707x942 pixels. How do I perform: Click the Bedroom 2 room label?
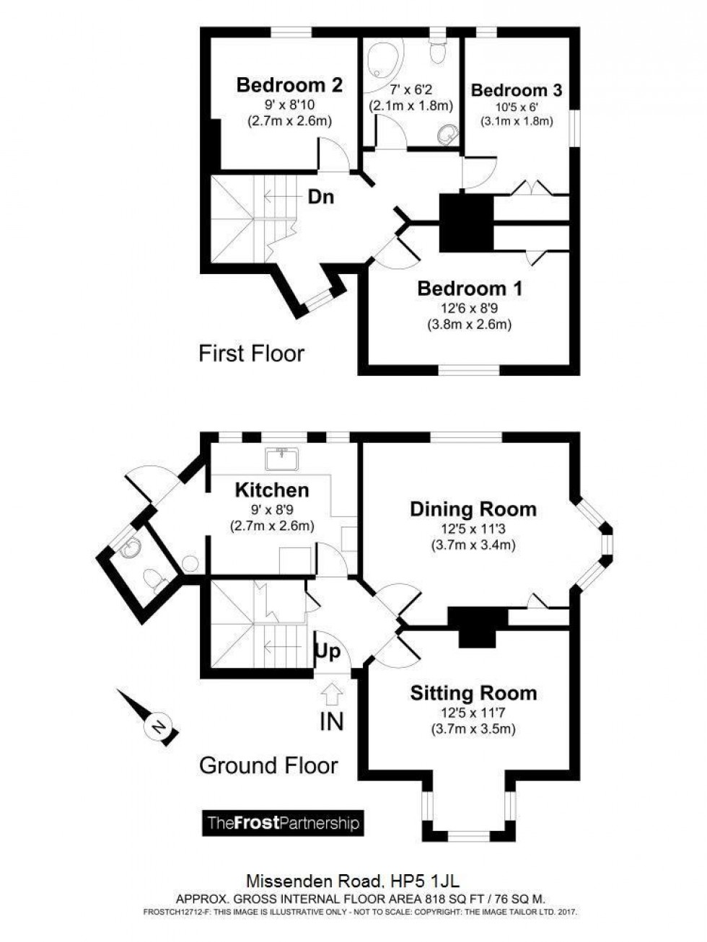click(289, 85)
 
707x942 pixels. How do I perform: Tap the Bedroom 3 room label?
click(516, 90)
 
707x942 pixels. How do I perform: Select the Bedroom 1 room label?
click(470, 289)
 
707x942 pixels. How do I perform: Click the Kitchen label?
click(272, 490)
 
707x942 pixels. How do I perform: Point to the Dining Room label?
click(473, 509)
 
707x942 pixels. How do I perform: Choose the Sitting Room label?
click(473, 693)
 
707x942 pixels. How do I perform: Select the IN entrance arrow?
click(331, 694)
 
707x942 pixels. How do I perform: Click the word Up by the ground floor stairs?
click(327, 653)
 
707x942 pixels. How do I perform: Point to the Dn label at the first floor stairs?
click(321, 196)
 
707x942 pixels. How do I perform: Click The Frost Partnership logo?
click(283, 823)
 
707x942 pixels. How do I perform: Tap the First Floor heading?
click(251, 353)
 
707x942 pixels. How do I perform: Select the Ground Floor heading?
click(268, 765)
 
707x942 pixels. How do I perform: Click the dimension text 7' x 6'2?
click(410, 90)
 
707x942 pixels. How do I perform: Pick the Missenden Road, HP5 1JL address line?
click(353, 881)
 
